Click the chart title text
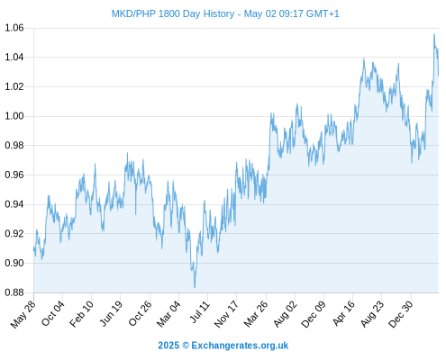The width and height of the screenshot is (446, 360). click(225, 13)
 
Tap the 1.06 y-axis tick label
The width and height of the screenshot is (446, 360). click(14, 28)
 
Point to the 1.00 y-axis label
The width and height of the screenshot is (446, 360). click(14, 116)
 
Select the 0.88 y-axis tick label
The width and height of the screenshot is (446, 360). click(14, 292)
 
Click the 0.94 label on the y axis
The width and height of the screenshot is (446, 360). click(14, 204)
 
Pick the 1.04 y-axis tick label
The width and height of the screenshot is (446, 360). click(14, 57)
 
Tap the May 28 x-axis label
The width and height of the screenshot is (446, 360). click(23, 314)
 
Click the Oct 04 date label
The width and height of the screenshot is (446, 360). click(53, 313)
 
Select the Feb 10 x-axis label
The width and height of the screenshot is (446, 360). click(81, 313)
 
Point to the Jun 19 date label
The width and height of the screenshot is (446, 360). click(111, 313)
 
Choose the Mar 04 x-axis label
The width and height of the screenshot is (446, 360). click(168, 313)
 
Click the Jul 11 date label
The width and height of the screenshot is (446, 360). click(200, 311)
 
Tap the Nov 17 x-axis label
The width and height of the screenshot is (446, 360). click(226, 314)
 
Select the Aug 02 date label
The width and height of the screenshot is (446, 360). click(286, 314)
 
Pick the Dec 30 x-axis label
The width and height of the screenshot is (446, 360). click(401, 314)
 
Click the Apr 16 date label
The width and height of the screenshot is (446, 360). click(344, 313)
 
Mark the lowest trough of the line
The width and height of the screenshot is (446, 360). click(195, 287)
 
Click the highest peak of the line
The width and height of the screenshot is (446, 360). click(434, 34)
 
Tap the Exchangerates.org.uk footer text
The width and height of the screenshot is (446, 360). click(240, 346)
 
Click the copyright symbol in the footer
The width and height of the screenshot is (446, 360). click(186, 346)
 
